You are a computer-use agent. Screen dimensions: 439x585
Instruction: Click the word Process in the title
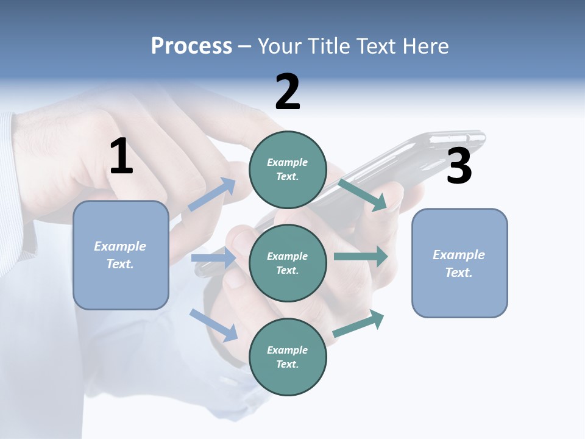(x=191, y=46)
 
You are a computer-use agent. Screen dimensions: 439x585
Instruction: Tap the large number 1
(x=121, y=156)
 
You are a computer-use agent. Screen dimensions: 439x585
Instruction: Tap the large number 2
(x=288, y=92)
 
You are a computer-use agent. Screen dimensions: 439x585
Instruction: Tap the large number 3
(x=459, y=166)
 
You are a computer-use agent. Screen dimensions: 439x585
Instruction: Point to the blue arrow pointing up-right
(x=212, y=195)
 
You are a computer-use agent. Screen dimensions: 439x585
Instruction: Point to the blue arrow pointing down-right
(x=214, y=325)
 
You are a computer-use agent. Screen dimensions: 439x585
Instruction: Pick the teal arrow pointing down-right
(x=363, y=195)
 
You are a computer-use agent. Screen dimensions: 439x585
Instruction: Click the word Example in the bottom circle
(x=287, y=350)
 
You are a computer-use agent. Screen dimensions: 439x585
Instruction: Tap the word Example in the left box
(x=120, y=246)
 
